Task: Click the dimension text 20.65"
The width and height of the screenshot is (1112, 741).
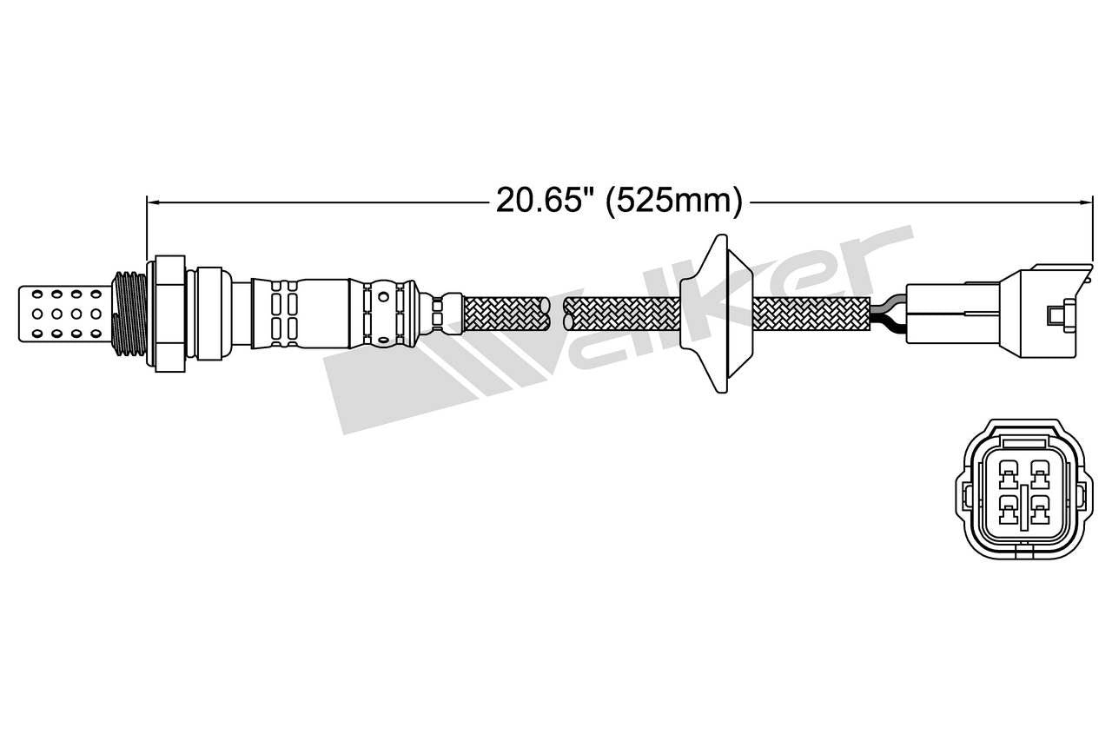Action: tap(544, 201)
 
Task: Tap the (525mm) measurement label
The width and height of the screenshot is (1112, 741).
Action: tap(674, 201)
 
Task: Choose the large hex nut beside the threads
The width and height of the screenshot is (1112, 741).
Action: tap(169, 314)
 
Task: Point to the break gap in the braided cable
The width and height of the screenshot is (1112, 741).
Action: tap(557, 314)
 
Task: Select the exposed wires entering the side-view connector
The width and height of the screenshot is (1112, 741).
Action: tap(888, 313)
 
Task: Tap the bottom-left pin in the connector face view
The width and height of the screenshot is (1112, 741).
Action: tap(1008, 507)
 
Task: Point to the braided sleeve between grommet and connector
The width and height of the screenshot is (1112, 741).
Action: tap(812, 314)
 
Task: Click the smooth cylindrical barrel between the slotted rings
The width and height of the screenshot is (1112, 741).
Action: tap(323, 314)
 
